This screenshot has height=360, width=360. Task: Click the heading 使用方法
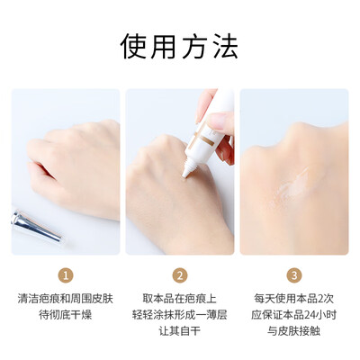point(179,47)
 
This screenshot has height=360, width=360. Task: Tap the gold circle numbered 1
point(66,275)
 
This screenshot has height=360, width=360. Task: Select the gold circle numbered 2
point(180,275)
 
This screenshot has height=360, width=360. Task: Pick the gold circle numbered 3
point(294,275)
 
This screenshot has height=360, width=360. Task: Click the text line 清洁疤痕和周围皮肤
point(66,299)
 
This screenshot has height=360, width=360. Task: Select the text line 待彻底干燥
point(66,315)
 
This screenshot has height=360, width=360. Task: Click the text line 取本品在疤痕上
point(180,299)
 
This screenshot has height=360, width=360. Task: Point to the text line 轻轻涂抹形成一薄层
point(180,315)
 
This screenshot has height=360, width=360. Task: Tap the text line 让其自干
point(180,331)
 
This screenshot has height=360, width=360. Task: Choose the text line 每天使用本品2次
point(294,299)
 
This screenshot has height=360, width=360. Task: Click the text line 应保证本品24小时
point(294,315)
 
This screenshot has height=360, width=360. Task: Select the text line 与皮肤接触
point(294,331)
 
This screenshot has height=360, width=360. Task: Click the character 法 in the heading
point(226,47)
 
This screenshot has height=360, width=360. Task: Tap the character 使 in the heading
point(133,47)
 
